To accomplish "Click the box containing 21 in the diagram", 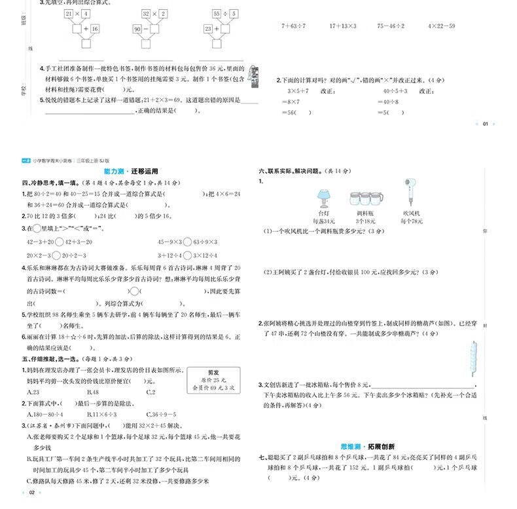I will point(69,14).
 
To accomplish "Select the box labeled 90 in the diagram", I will point(137,29).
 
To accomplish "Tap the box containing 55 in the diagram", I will point(217,14).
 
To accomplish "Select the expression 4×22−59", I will point(441,26).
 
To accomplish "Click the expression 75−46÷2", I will point(391,26).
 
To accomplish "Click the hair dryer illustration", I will point(411,191).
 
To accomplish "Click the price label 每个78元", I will point(412,222).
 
